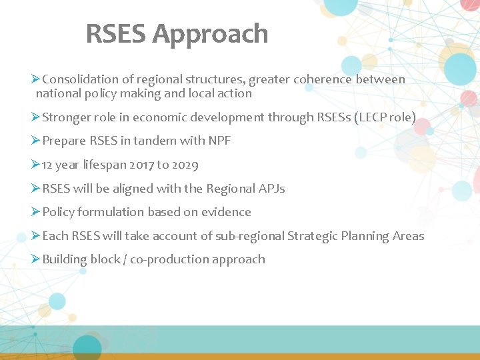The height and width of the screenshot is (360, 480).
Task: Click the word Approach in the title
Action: pos(211,34)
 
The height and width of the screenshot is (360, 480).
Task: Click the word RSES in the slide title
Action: pos(117,34)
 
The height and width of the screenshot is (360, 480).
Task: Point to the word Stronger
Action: pos(66,117)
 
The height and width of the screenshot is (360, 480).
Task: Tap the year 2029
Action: pos(185,165)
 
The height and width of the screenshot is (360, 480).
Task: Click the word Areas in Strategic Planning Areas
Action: pos(408,236)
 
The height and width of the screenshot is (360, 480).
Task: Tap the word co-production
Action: pos(167,259)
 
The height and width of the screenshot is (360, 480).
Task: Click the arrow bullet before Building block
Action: pos(36,259)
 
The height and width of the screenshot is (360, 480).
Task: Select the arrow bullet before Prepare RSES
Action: pos(36,141)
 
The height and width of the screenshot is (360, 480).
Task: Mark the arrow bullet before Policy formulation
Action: pos(36,212)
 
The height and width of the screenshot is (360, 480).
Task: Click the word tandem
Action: pos(154,141)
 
